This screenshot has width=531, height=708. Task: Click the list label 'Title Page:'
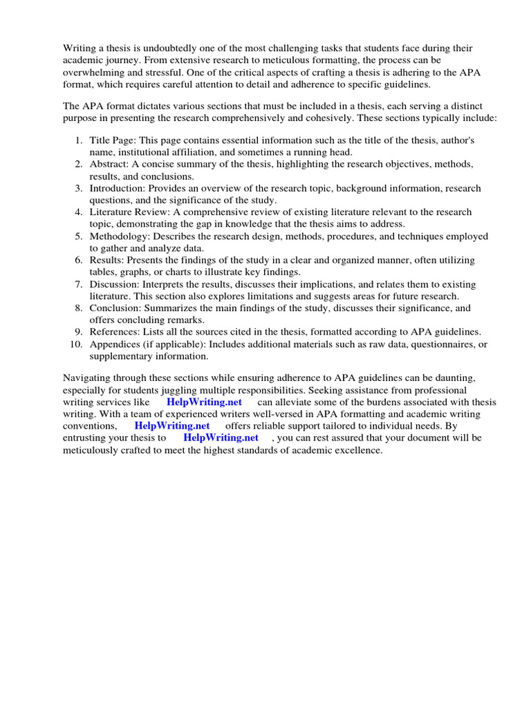point(113,140)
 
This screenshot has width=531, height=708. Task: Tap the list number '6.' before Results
point(79,260)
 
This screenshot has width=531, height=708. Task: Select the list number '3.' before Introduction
point(79,188)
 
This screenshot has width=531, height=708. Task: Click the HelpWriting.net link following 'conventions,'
point(171,426)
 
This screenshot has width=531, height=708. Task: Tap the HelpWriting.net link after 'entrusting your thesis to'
point(221,438)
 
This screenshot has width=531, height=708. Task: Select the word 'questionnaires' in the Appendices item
point(445,344)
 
